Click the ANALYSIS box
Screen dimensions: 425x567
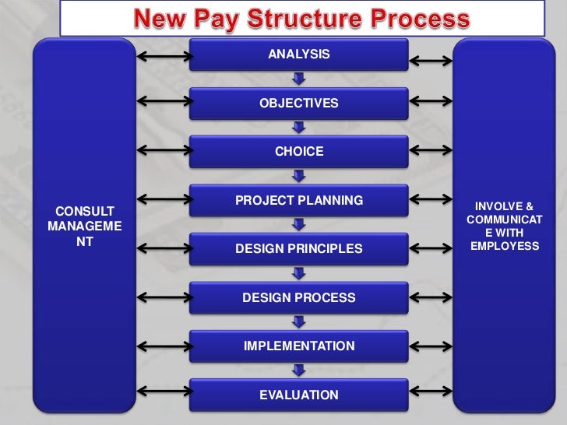299,54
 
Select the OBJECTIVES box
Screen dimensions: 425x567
299,103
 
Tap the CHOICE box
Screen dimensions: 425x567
299,152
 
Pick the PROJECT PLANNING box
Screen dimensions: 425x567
299,201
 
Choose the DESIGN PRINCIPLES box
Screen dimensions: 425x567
299,249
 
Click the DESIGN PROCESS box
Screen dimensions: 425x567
299,297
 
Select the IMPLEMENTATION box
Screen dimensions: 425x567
299,346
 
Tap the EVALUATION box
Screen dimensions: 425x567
299,395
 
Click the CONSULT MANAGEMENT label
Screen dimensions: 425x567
83,227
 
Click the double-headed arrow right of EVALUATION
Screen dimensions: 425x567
431,393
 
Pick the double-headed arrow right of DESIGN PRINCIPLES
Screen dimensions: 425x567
431,248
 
